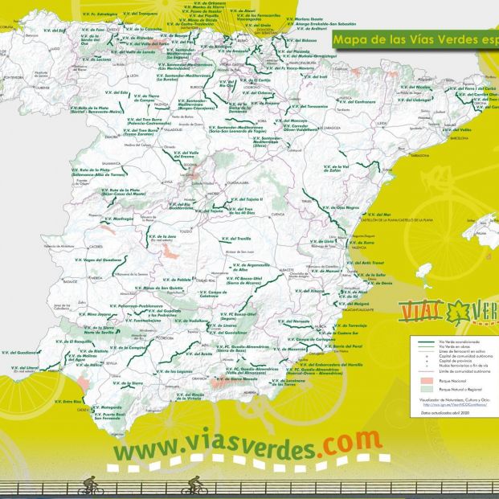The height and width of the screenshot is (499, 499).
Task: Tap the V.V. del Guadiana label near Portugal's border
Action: [22, 352]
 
